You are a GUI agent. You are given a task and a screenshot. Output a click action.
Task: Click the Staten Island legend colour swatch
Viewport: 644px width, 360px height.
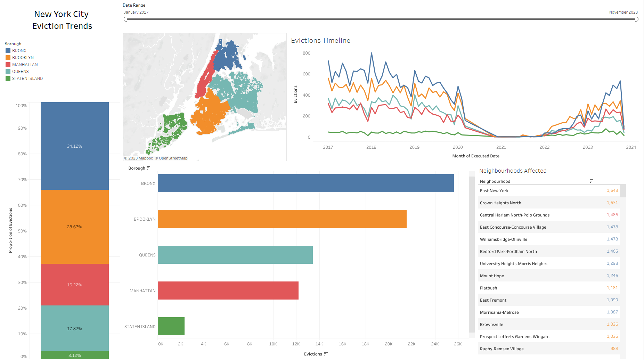pyautogui.click(x=8, y=79)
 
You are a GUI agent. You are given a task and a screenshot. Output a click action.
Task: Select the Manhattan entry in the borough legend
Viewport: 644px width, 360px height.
pyautogui.click(x=25, y=65)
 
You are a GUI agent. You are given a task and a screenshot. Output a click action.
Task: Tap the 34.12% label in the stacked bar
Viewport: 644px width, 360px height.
pyautogui.click(x=74, y=146)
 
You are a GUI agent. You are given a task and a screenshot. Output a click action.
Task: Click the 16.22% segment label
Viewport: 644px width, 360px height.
pyautogui.click(x=74, y=285)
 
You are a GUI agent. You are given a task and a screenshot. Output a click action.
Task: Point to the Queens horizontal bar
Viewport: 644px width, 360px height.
pyautogui.click(x=235, y=255)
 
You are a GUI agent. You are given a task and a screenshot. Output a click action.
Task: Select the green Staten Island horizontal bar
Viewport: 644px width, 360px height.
pyautogui.click(x=171, y=326)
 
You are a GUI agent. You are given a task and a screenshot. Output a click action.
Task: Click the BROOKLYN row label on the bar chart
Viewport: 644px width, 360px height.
pyautogui.click(x=145, y=219)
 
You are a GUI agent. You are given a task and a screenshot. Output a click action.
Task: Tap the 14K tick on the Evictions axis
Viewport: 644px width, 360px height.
pyautogui.click(x=319, y=344)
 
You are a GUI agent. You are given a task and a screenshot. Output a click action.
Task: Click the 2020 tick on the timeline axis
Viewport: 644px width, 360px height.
pyautogui.click(x=458, y=147)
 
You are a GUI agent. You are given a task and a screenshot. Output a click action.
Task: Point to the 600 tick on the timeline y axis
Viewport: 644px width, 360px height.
pyautogui.click(x=306, y=74)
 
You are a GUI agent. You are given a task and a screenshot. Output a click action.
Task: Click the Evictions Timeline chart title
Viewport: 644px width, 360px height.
pyautogui.click(x=320, y=41)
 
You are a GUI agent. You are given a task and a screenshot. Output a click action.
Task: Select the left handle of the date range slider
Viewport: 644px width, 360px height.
pyautogui.click(x=125, y=19)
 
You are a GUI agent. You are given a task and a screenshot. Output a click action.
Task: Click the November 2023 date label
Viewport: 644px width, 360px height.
pyautogui.click(x=623, y=12)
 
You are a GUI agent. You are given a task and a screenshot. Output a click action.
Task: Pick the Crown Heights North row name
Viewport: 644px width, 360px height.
pyautogui.click(x=500, y=203)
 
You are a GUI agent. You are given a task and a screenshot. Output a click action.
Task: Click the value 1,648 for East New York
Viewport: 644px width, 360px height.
pyautogui.click(x=612, y=190)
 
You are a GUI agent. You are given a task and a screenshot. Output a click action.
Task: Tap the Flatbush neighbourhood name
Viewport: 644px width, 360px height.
pyautogui.click(x=488, y=288)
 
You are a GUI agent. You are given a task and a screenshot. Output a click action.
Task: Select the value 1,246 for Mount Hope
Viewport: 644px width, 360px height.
pyautogui.click(x=612, y=276)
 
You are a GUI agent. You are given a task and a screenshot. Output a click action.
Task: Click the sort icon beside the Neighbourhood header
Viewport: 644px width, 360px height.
pyautogui.click(x=591, y=181)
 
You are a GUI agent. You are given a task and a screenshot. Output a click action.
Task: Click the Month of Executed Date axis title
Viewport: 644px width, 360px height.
pyautogui.click(x=475, y=156)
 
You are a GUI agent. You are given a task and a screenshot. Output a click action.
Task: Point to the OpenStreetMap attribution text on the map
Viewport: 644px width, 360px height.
pyautogui.click(x=173, y=158)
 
